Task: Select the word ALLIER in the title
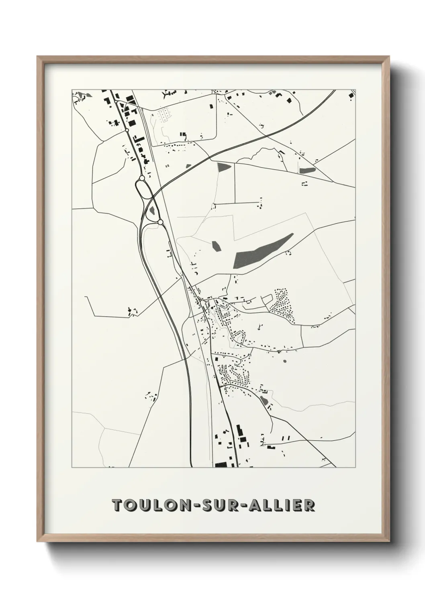click(281, 505)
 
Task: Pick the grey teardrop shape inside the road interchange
click(153, 210)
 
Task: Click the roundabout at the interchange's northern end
click(142, 178)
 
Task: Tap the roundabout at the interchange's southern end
click(160, 222)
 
